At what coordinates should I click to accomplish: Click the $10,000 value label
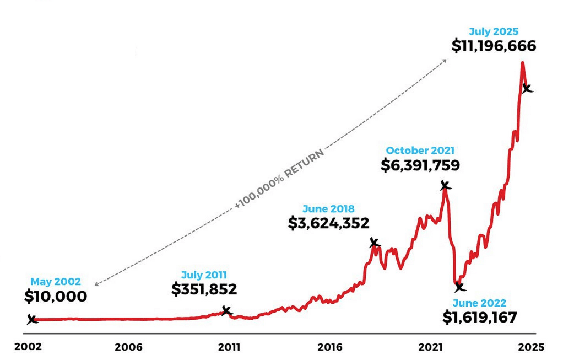tap(56, 296)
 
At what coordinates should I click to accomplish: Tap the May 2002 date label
tap(56, 281)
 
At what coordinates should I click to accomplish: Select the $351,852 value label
tap(204, 289)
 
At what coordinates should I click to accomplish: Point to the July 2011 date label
tap(204, 274)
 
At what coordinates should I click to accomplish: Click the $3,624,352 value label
tap(328, 223)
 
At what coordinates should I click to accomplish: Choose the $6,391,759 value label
tap(420, 165)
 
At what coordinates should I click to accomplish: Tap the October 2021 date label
tap(420, 150)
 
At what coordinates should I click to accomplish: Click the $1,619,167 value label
tap(479, 318)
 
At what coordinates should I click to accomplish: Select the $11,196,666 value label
tap(494, 46)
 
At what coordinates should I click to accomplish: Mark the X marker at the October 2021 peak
tap(445, 186)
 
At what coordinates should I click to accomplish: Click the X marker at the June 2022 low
tap(460, 287)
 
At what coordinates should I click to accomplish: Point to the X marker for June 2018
tap(374, 243)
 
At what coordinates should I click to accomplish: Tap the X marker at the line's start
tap(32, 319)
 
